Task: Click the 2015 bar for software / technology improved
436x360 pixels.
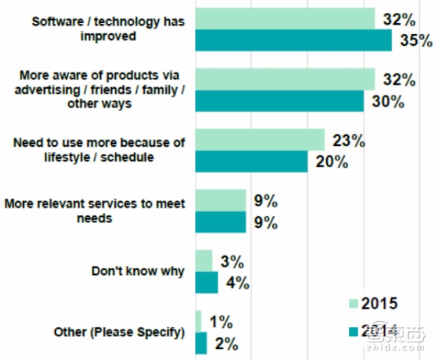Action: [x=285, y=19]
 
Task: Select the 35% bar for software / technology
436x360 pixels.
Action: [x=294, y=40]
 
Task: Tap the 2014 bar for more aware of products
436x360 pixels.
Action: [x=279, y=101]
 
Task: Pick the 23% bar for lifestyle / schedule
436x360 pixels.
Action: [x=260, y=140]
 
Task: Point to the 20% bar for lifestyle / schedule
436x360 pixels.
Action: [x=251, y=161]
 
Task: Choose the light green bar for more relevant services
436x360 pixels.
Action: [x=220, y=200]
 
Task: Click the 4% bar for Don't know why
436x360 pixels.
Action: [x=206, y=282]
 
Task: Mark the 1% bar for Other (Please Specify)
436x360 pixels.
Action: [x=198, y=321]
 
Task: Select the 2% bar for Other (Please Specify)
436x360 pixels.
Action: [x=201, y=342]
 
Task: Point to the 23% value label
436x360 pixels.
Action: [x=348, y=141]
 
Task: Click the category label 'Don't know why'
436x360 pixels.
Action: [x=138, y=271]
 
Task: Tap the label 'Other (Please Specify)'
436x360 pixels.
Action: [x=119, y=333]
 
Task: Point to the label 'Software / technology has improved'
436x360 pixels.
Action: [x=109, y=29]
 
